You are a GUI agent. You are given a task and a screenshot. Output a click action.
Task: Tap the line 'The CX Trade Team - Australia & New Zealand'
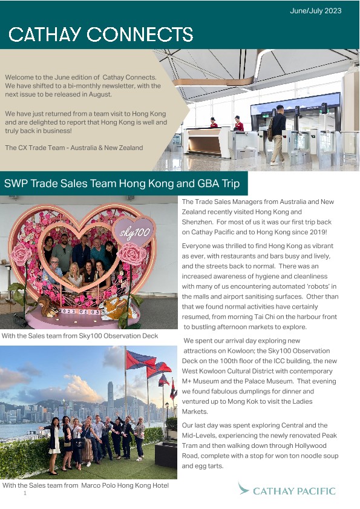[x=74, y=148]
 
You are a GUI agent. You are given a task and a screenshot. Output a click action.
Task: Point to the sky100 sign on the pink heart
[x=135, y=232]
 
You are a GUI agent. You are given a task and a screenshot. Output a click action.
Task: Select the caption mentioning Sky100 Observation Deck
[x=80, y=336]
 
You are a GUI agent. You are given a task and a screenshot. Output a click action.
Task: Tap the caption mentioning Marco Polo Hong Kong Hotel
[x=85, y=486]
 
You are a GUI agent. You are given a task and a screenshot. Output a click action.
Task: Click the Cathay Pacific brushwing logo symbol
[x=244, y=488]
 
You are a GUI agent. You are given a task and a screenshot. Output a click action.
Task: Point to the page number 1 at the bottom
[x=25, y=494]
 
